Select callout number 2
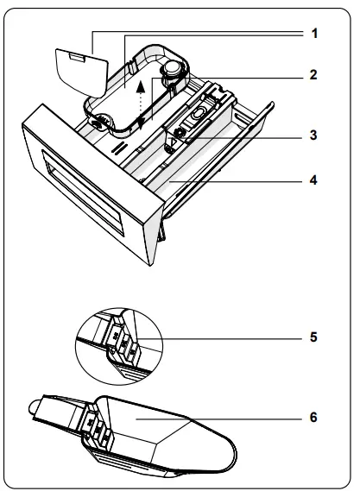coord(314,74)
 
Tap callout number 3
coord(314,135)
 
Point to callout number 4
coord(314,181)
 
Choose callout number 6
coord(314,417)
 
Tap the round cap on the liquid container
coord(175,68)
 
